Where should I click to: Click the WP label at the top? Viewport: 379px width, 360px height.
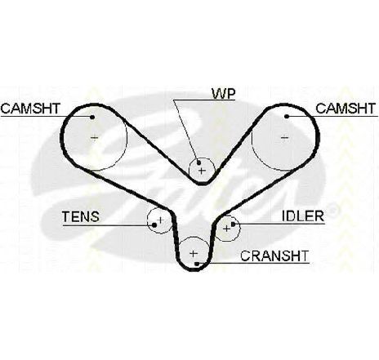point(223,94)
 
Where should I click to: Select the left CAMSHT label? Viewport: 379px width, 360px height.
point(30,109)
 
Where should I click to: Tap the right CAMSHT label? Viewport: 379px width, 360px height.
point(346,109)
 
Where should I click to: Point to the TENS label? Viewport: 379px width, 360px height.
point(81,217)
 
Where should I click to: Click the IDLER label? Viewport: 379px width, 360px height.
point(303,216)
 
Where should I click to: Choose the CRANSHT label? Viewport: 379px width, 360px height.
point(274,256)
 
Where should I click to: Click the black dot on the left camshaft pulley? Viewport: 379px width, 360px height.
point(92,117)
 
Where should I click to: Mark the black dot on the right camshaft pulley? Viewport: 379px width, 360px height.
point(287,117)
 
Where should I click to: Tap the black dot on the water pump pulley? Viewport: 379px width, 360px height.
point(198,163)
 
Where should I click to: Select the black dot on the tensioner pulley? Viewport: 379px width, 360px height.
point(154,225)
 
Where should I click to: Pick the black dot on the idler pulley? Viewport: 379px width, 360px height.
point(233,224)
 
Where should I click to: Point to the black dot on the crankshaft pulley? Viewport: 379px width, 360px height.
point(197,264)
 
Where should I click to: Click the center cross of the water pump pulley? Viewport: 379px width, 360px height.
point(202,171)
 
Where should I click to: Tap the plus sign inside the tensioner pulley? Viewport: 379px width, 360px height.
point(161,220)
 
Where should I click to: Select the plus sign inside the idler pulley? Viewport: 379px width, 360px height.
point(226,229)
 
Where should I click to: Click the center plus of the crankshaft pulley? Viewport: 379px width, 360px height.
point(194,254)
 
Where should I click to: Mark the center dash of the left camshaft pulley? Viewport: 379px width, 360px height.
point(94,138)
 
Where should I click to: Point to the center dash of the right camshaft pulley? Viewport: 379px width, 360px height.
point(284,138)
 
